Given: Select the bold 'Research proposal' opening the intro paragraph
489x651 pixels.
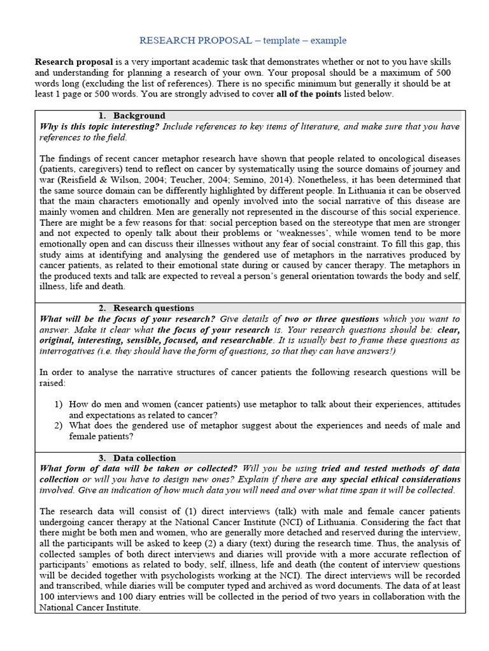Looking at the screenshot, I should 74,62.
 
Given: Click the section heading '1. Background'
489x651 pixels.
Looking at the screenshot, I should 132,116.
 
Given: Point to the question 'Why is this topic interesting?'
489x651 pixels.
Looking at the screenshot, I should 99,127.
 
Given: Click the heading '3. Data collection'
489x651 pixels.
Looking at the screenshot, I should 137,458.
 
